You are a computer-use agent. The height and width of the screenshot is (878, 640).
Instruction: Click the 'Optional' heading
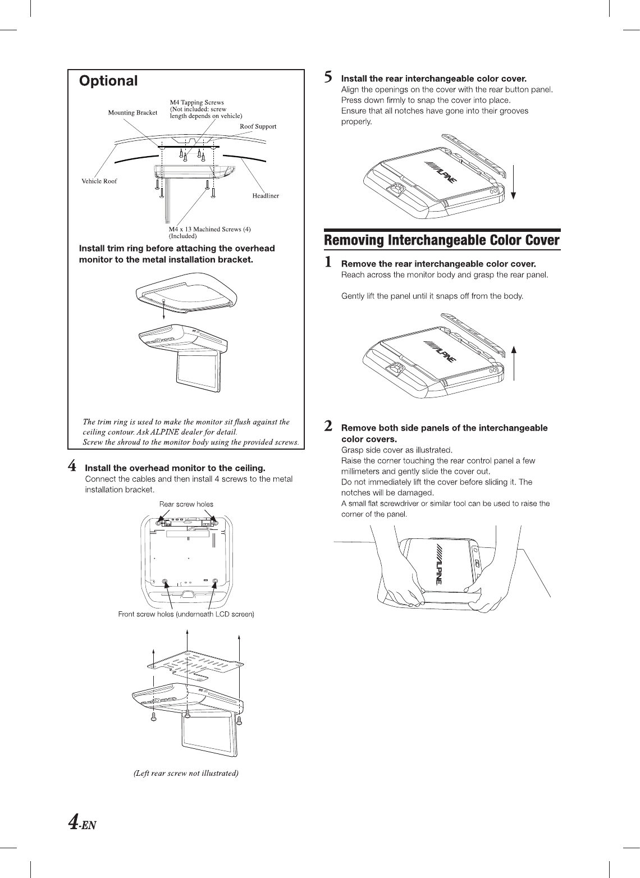108,81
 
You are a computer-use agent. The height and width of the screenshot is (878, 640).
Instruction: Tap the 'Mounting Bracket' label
132,113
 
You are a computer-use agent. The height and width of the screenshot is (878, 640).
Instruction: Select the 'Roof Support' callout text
258,126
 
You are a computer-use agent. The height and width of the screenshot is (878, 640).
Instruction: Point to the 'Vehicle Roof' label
99,181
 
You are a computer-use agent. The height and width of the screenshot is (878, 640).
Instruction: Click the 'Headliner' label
266,196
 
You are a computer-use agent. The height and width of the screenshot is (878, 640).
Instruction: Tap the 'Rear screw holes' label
186,504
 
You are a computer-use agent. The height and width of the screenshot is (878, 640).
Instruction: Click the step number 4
72,466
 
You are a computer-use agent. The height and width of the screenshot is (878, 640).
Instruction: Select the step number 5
330,76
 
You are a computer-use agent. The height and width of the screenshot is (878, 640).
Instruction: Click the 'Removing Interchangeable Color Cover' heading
442,241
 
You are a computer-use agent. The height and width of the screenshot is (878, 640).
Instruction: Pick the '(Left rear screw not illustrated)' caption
186,774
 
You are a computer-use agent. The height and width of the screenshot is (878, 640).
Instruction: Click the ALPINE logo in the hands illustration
438,564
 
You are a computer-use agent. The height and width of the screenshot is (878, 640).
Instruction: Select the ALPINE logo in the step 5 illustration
443,172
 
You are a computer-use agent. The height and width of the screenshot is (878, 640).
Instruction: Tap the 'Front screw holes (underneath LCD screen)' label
186,614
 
